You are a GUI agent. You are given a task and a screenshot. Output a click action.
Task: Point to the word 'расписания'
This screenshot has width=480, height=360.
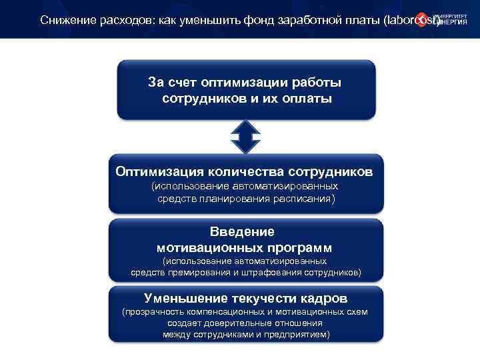click(x=302, y=199)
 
